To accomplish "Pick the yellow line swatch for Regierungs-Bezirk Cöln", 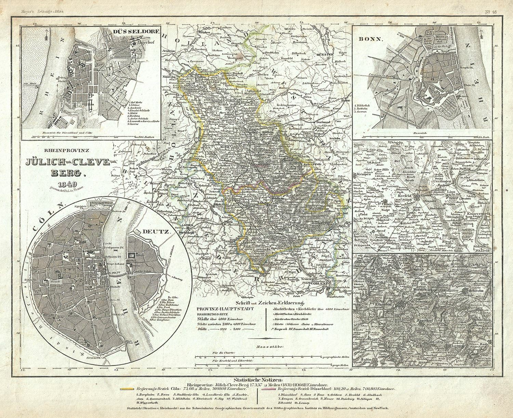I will pos(127,389).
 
